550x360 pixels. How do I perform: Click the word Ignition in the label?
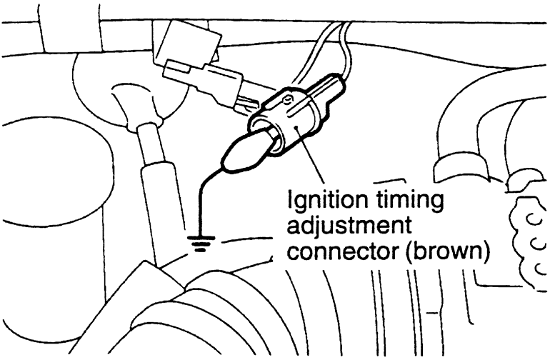317,199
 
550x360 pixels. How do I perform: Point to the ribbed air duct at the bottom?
286,314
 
